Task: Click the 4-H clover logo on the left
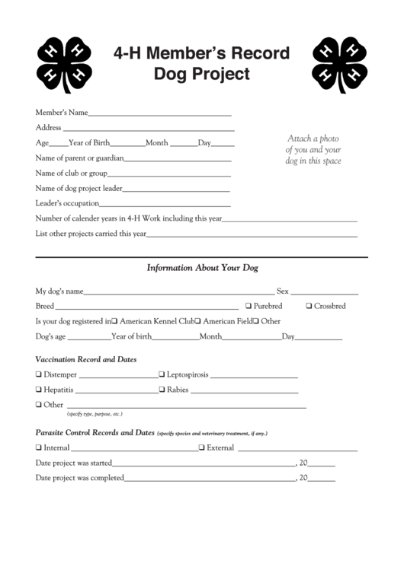(x=64, y=62)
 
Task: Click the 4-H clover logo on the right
(x=340, y=62)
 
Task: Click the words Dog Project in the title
(x=201, y=74)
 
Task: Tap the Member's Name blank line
(x=160, y=113)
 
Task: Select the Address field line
(x=147, y=128)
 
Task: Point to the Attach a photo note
(x=313, y=149)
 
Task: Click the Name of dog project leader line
(x=176, y=189)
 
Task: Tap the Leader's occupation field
(x=165, y=204)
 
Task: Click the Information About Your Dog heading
(x=202, y=268)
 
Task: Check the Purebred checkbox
(x=248, y=306)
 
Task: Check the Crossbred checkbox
(x=308, y=306)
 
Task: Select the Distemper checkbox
(x=39, y=375)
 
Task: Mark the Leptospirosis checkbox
(x=162, y=375)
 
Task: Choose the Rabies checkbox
(x=162, y=390)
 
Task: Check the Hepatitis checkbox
(x=39, y=390)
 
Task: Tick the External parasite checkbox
(x=202, y=447)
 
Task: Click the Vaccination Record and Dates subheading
(x=86, y=358)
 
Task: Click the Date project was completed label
(x=79, y=478)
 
